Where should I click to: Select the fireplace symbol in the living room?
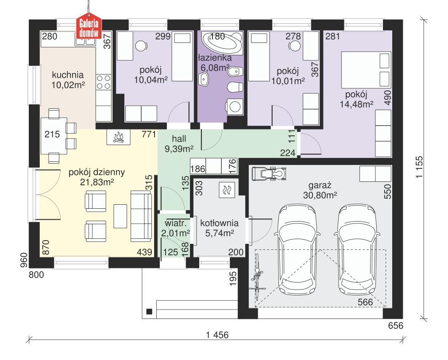pos(118,138)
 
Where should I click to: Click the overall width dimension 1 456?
pos(217,335)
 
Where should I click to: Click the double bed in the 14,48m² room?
pos(365,69)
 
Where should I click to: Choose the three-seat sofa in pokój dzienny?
pos(141,216)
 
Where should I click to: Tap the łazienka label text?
pos(214,58)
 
